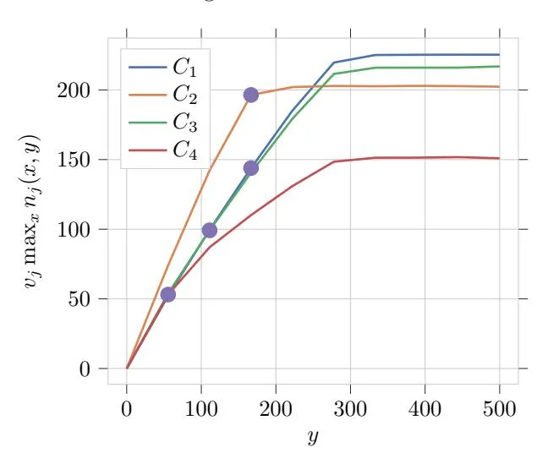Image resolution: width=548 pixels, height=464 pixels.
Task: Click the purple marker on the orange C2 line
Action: [250, 95]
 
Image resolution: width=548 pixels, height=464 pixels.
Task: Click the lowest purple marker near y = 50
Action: [167, 294]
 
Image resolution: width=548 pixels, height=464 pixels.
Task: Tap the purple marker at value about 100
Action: [209, 230]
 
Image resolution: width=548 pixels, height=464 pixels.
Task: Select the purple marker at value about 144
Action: [250, 168]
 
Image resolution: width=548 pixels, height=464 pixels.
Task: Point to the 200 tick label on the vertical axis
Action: [73, 90]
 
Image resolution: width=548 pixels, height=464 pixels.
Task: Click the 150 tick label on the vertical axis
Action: [73, 160]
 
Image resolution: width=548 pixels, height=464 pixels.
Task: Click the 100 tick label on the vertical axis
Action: [73, 229]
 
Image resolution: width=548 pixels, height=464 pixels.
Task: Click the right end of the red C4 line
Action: [499, 158]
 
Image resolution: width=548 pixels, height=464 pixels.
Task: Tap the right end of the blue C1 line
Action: [499, 55]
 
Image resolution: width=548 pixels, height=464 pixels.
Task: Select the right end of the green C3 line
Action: [499, 66]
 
